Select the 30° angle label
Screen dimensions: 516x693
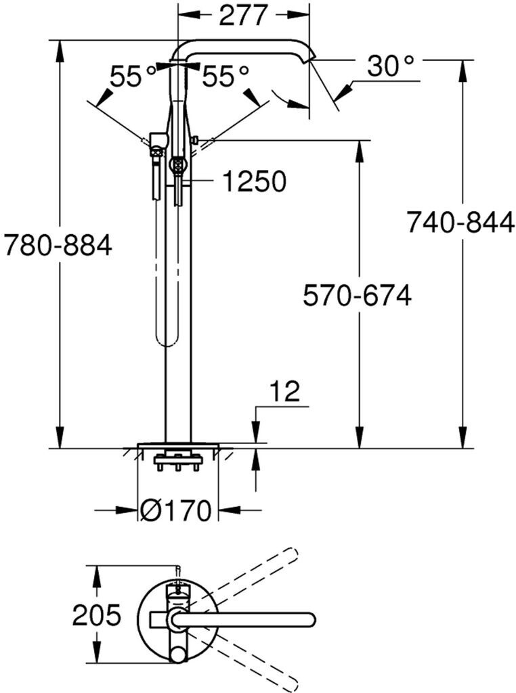click(390, 67)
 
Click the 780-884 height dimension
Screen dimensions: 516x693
click(58, 245)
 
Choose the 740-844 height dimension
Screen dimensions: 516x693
click(460, 222)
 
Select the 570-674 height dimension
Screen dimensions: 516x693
click(357, 295)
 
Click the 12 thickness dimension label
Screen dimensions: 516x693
click(284, 393)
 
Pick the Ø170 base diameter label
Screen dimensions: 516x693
click(178, 510)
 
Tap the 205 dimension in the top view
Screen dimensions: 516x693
click(97, 615)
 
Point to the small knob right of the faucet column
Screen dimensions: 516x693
click(195, 140)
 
